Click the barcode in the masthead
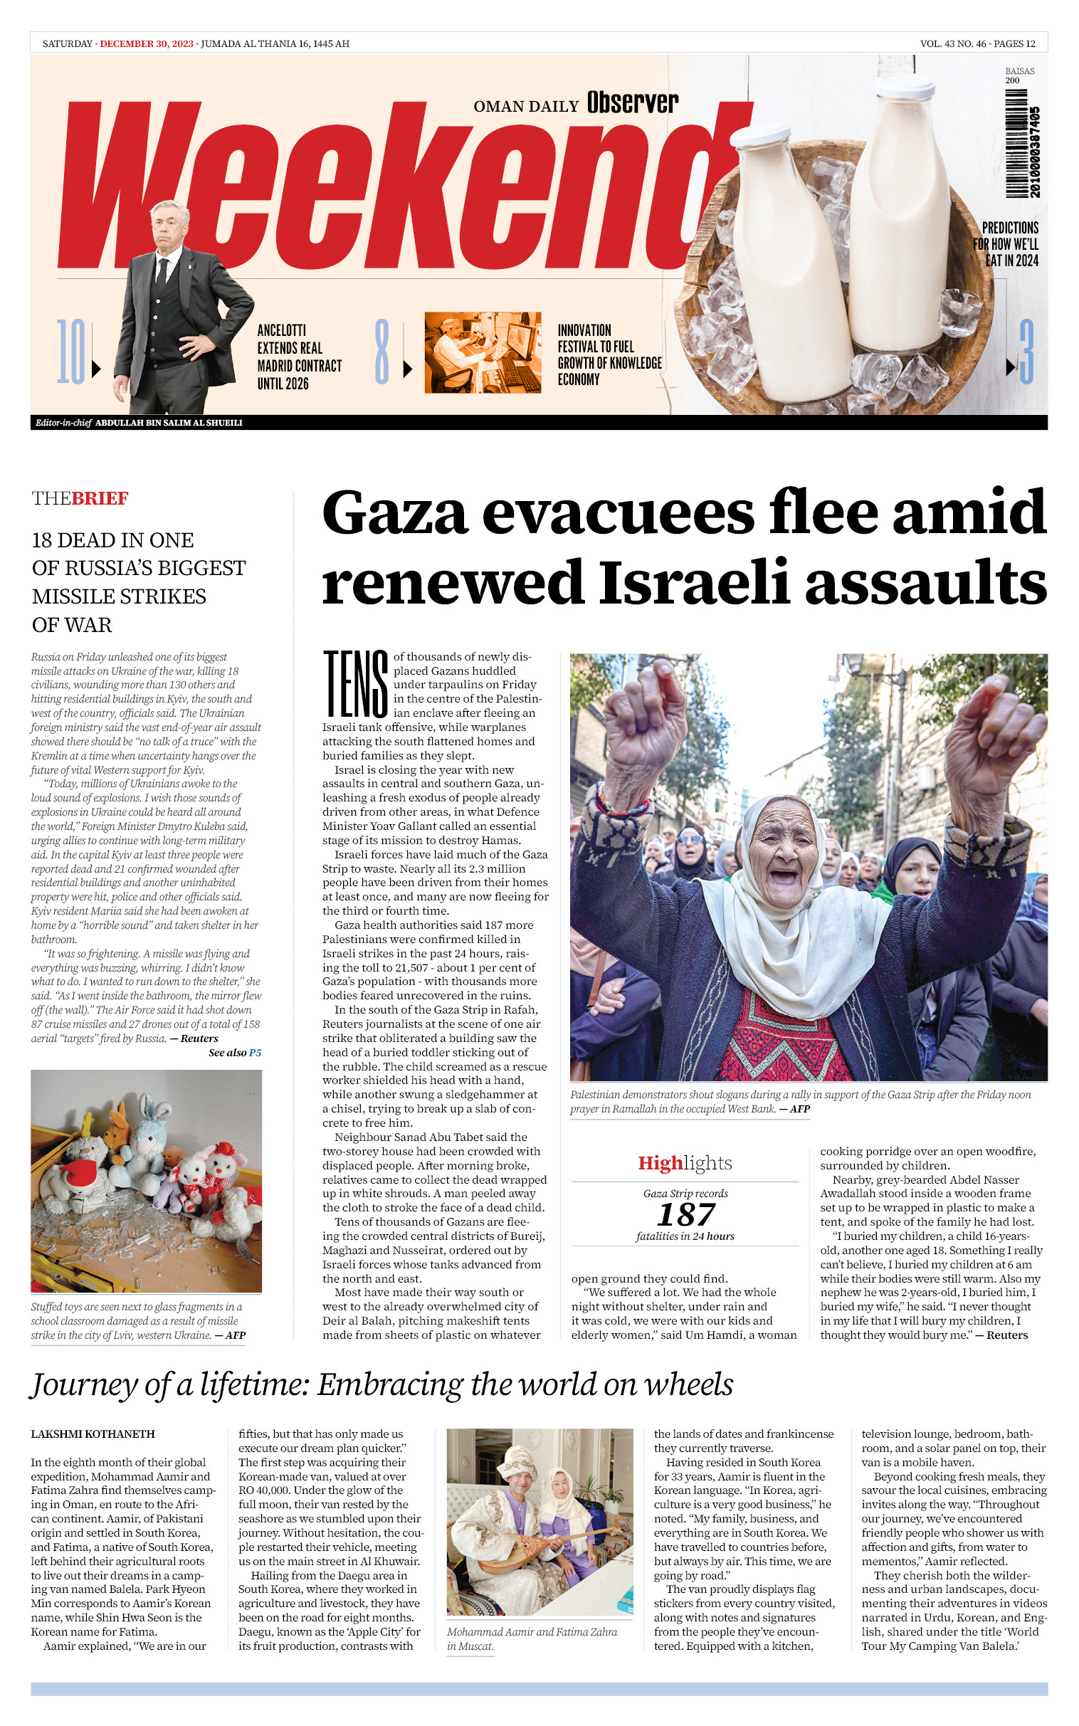1022,152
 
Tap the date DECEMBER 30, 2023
147,43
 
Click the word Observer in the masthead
632,103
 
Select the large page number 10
70,352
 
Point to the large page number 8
382,352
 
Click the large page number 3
1026,352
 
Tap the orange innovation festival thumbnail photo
483,352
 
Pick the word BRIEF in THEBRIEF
100,498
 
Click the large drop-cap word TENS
355,683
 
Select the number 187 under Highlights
685,1214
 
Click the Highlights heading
685,1163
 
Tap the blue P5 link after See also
256,1053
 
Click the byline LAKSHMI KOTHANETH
93,1433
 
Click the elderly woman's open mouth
784,875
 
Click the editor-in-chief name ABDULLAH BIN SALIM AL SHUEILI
169,422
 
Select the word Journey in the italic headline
84,1386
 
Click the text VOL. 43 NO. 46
953,43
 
